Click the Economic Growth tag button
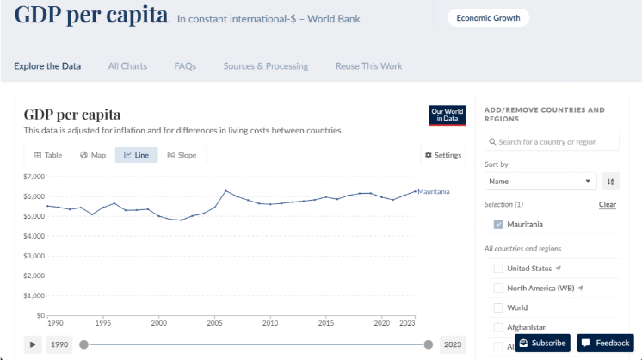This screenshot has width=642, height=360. [x=488, y=17]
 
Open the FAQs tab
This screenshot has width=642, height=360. [x=185, y=66]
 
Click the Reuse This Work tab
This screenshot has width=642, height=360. [x=368, y=66]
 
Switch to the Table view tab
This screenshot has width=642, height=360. [x=48, y=155]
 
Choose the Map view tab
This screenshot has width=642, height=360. [x=93, y=155]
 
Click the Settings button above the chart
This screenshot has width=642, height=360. [x=443, y=155]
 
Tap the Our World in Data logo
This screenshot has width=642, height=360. [x=447, y=115]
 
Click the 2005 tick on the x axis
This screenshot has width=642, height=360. [x=214, y=323]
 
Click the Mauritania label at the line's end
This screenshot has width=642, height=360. [x=434, y=191]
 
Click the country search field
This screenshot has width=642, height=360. [x=552, y=141]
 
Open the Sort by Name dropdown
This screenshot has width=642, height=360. [x=540, y=182]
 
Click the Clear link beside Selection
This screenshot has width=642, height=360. [x=608, y=204]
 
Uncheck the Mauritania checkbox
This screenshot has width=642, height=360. [x=498, y=225]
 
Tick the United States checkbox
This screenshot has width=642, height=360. [x=498, y=268]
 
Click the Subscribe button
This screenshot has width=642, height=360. [x=542, y=343]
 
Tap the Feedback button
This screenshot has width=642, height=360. [x=605, y=343]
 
